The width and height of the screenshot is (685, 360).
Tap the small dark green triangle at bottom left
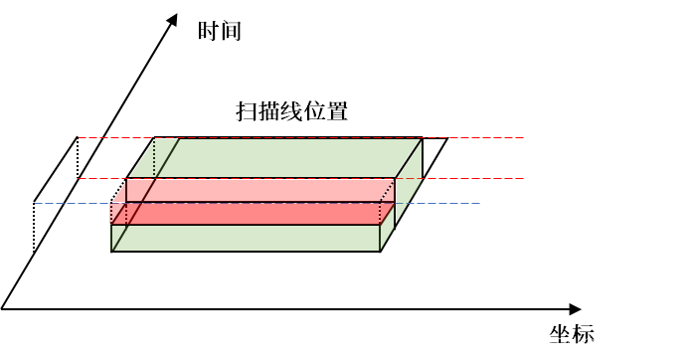click(x=115, y=238)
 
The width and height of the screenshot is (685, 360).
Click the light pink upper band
click(x=268, y=190)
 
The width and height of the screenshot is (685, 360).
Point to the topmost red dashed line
click(x=298, y=137)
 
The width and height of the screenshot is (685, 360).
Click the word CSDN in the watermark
click(x=557, y=343)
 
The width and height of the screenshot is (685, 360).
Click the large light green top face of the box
click(x=288, y=158)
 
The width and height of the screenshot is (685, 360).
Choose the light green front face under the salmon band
click(x=249, y=238)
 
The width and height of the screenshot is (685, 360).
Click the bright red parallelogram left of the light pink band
click(x=136, y=190)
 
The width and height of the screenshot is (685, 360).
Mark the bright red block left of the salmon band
click(x=117, y=214)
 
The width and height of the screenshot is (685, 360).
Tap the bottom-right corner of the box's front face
click(x=380, y=251)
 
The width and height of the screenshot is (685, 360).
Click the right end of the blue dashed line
click(x=479, y=204)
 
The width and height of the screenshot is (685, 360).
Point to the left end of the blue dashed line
click(x=36, y=204)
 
